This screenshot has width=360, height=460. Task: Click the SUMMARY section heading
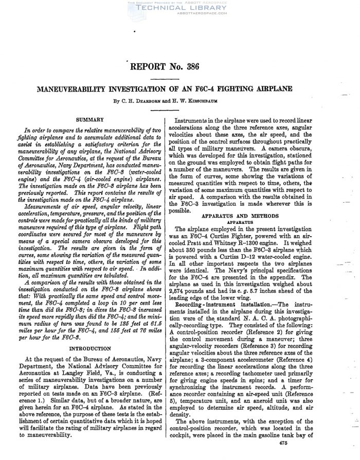(x=90, y=119)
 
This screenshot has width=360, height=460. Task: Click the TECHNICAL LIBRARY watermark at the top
(x=179, y=9)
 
